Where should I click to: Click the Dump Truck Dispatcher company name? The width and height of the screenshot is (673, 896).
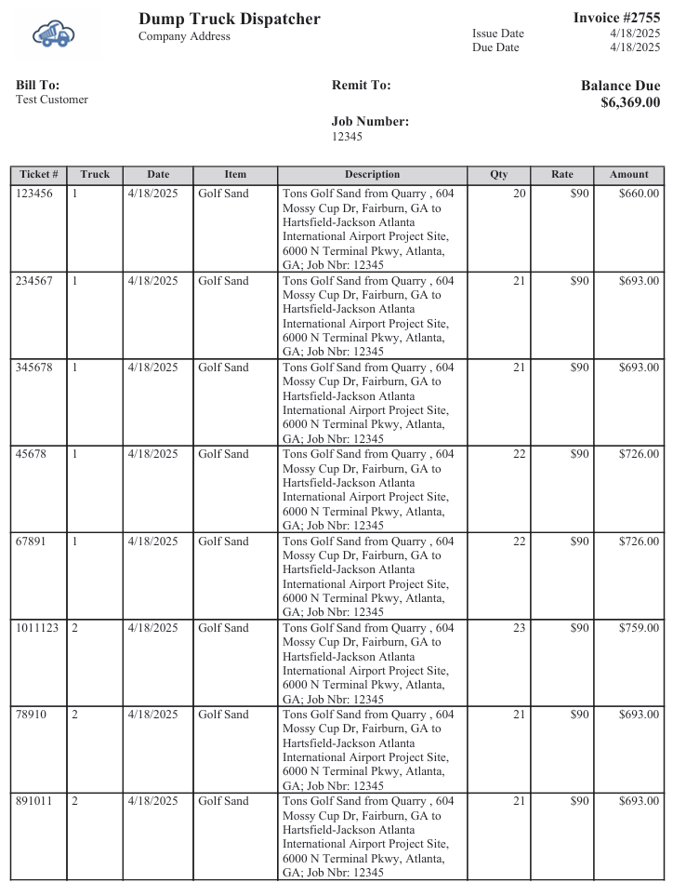(x=230, y=19)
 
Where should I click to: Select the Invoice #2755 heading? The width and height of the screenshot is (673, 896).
(x=616, y=18)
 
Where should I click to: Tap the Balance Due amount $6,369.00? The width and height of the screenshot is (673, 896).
(x=630, y=102)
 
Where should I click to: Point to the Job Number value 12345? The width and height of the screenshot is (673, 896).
(x=347, y=137)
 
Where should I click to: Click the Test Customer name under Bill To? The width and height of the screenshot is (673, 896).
(x=52, y=100)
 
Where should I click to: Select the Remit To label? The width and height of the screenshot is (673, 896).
(x=361, y=86)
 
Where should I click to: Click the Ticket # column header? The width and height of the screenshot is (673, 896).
(x=39, y=175)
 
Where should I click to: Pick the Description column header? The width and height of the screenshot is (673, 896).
(x=372, y=175)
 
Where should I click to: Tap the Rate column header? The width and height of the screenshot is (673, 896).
(x=561, y=175)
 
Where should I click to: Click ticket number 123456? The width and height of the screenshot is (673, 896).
(x=34, y=194)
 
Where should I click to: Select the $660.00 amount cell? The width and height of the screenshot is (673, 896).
(x=639, y=194)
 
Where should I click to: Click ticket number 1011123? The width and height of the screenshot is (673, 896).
(x=37, y=628)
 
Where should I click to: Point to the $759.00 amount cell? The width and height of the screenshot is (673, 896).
(x=639, y=628)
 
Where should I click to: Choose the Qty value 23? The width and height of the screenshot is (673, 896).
(x=519, y=628)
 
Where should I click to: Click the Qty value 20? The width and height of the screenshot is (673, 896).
(x=519, y=194)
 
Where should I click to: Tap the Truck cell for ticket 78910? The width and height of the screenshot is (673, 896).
(x=75, y=715)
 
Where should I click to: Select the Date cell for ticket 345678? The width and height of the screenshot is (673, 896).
(x=152, y=368)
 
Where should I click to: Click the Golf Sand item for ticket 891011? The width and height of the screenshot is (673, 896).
(x=223, y=801)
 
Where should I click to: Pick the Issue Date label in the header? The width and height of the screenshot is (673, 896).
(x=498, y=33)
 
